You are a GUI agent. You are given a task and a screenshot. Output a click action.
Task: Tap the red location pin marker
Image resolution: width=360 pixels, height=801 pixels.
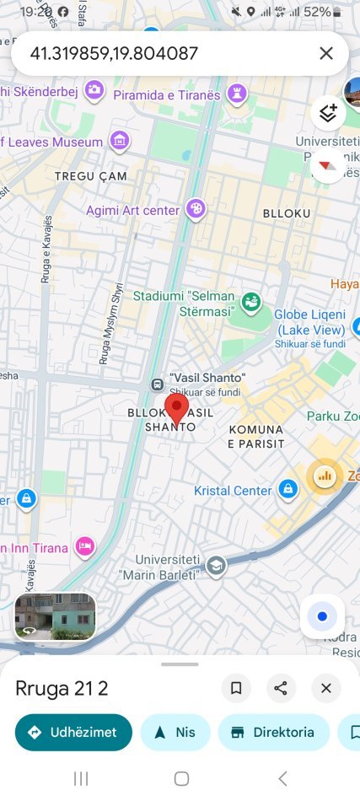(176, 408)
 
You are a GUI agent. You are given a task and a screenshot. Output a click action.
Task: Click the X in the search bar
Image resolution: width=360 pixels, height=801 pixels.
(326, 54)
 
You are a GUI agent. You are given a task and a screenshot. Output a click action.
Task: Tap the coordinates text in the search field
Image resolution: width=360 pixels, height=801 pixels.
(114, 54)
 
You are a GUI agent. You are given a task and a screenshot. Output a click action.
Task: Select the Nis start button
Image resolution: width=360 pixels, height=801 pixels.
(175, 732)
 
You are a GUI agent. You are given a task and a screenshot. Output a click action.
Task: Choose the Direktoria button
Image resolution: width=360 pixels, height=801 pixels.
(272, 732)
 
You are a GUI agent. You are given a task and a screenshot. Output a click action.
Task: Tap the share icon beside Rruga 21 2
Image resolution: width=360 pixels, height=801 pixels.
(281, 688)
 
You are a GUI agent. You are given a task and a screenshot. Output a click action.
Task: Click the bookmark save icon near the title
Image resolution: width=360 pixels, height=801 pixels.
(236, 688)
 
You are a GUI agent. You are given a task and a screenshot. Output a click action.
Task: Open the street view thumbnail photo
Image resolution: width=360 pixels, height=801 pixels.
(55, 616)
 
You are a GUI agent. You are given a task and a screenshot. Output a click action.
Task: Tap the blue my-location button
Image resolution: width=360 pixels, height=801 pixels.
(322, 616)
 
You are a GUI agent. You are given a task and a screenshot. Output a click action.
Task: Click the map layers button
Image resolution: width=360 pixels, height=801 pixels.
(328, 113)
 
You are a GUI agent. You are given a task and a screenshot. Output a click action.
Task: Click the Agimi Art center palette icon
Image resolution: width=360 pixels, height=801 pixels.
(196, 208)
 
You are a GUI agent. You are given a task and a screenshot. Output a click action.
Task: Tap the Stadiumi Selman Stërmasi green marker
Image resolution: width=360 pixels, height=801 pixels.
(250, 302)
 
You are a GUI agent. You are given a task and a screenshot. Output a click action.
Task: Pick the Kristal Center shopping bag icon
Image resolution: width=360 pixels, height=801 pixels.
(288, 489)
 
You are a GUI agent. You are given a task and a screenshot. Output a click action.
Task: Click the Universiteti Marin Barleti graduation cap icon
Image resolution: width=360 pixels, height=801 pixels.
(217, 565)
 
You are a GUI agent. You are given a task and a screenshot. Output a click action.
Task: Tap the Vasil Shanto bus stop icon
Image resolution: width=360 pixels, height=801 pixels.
(157, 384)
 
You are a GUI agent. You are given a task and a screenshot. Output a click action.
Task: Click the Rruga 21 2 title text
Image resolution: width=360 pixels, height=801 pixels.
(62, 688)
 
